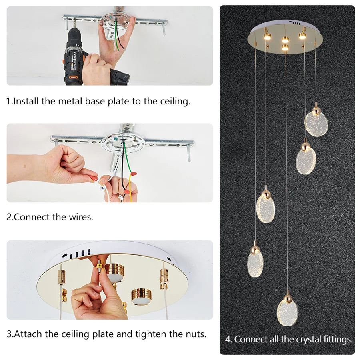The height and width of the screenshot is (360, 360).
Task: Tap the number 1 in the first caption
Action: coord(9,101)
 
